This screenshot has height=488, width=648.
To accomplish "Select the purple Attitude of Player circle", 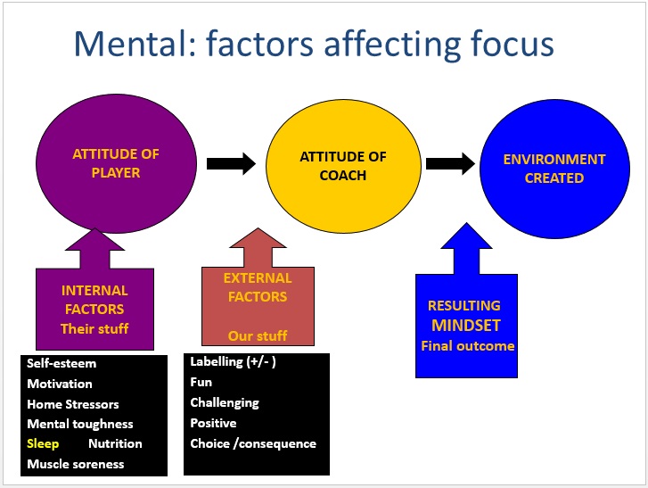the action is tap(116, 164).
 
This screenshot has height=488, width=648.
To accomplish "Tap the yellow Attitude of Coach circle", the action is tap(343, 166).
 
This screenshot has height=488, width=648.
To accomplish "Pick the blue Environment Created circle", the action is tap(554, 169).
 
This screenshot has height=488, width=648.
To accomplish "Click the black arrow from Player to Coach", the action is tap(231, 164).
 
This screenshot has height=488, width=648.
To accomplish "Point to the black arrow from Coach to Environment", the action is tap(450, 164).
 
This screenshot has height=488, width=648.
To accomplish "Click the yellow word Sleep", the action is tap(43, 443).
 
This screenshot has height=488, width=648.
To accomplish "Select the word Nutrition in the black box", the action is tap(115, 443).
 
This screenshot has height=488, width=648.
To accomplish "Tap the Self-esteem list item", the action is tap(62, 363).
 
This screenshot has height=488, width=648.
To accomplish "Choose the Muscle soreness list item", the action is tap(76, 464).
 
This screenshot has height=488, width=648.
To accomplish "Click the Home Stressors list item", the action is tap(73, 404).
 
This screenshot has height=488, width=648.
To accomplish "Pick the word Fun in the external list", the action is tap(201, 382).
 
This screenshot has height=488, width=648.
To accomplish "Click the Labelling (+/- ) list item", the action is tap(233, 362).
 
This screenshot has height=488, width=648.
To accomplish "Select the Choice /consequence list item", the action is tap(253, 443).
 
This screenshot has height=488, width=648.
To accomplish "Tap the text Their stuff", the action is tap(94, 329).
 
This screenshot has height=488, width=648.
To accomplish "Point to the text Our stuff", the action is tap(258, 335).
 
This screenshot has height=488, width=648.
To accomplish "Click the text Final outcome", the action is tap(468, 346).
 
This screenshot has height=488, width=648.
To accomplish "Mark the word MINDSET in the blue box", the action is tap(466, 326).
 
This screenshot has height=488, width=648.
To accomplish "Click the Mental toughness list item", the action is tap(80, 424).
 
